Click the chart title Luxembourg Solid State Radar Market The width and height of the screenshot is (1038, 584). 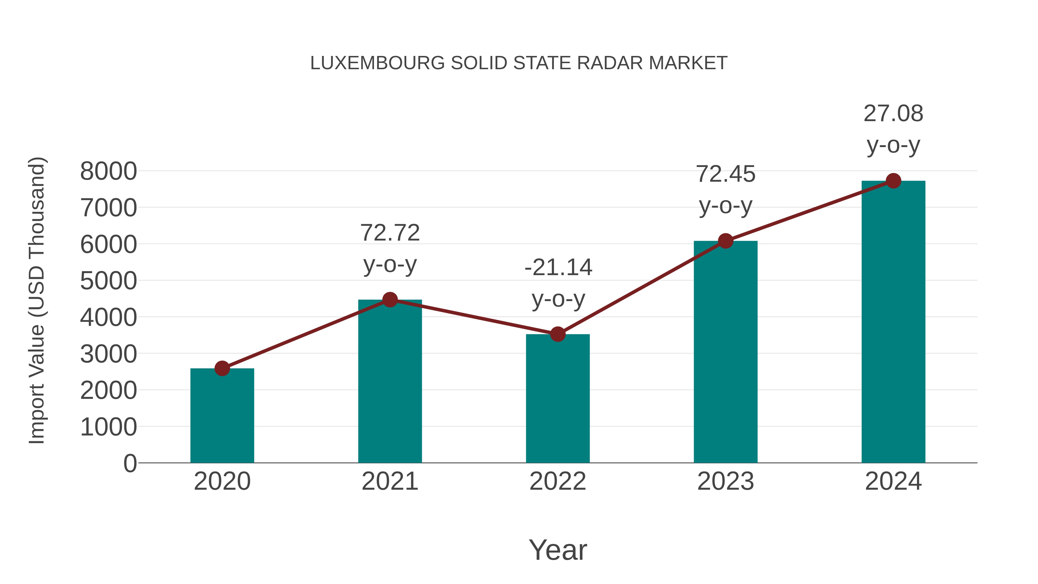point(519,63)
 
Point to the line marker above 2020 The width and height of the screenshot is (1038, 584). point(222,368)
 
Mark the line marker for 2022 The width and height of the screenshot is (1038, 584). point(558,334)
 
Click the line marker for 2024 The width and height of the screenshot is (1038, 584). point(893,181)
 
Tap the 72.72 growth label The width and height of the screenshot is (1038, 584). point(390,233)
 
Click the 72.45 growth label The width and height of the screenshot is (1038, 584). point(725,174)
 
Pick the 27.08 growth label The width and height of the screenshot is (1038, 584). point(893,114)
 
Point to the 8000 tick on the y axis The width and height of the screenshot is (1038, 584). point(108,171)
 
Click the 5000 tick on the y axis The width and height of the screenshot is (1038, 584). point(108,281)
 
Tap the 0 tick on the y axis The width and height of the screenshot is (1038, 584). point(130,463)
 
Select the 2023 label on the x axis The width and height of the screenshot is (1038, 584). point(725,481)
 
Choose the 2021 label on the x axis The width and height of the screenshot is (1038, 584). point(390,481)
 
